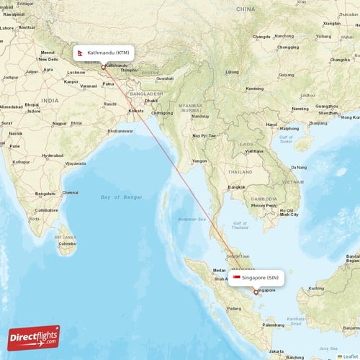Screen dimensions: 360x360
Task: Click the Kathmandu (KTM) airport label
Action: click(108, 53)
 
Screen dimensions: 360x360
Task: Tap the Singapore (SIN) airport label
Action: click(260, 277)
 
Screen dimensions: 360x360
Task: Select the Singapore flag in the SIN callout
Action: click(236, 277)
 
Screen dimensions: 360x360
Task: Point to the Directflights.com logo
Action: click(34, 337)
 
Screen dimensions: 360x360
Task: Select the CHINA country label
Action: click(245, 9)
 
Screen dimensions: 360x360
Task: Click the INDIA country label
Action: click(50, 100)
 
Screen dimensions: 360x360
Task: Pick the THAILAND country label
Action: click(240, 172)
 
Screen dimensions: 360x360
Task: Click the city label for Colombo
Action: click(68, 243)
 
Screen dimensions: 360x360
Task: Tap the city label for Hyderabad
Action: click(53, 155)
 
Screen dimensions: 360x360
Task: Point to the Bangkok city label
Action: click(237, 187)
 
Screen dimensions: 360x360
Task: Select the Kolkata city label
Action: click(135, 111)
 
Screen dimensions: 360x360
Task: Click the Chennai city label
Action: click(70, 192)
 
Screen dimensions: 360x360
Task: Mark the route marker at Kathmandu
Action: click(104, 67)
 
